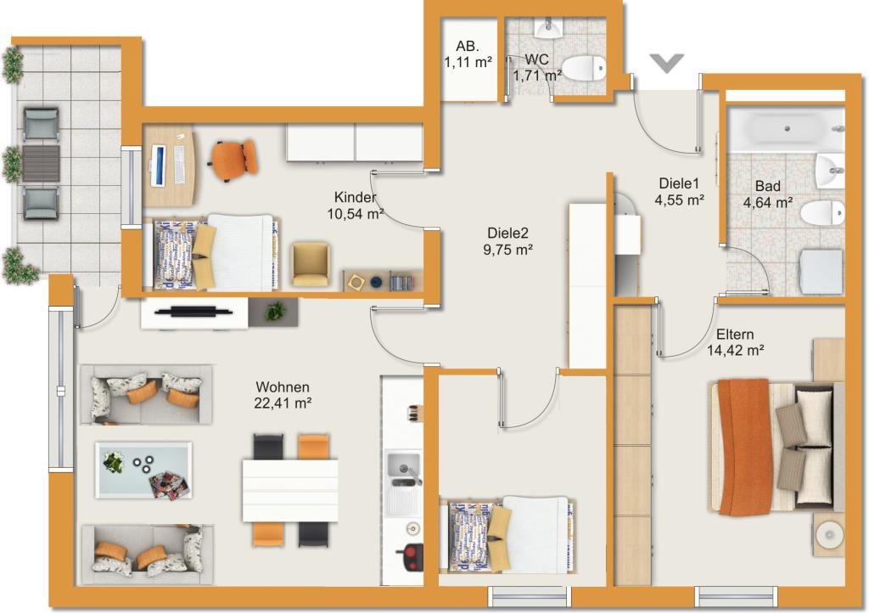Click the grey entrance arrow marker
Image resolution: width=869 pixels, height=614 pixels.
[667, 63]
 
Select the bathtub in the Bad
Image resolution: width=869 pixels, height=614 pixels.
[786, 129]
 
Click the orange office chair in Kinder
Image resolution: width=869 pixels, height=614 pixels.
[233, 160]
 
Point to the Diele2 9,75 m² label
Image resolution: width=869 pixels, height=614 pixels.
[507, 241]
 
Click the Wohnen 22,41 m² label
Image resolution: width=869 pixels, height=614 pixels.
[283, 395]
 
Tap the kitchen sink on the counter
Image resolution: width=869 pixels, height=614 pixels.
[403, 469]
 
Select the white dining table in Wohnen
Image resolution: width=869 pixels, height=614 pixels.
[290, 490]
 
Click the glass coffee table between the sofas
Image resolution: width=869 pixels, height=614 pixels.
[144, 470]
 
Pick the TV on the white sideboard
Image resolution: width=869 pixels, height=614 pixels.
[194, 311]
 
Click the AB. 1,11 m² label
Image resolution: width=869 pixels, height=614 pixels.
[468, 54]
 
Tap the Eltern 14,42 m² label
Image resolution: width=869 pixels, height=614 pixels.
[736, 342]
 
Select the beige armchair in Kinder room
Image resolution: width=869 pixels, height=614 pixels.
[311, 264]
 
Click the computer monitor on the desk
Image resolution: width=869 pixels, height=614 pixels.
[158, 166]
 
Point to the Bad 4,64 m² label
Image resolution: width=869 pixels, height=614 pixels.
[767, 194]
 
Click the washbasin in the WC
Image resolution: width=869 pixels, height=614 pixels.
[549, 28]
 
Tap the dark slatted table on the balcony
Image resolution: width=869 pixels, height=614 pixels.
[41, 163]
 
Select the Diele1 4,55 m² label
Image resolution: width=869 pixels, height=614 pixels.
[679, 191]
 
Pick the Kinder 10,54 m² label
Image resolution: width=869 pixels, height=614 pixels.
[356, 206]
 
